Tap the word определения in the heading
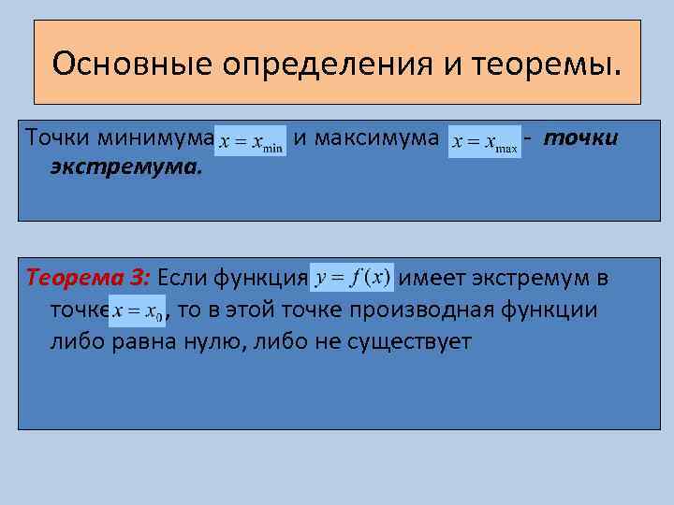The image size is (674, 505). pyautogui.click(x=299, y=65)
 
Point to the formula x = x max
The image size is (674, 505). pyautogui.click(x=484, y=143)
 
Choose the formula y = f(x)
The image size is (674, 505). pyautogui.click(x=353, y=278)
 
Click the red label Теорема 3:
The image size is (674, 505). pyautogui.click(x=89, y=278)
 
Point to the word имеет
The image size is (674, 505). pyautogui.click(x=432, y=278)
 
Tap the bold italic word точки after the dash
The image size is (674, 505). pyautogui.click(x=580, y=138)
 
